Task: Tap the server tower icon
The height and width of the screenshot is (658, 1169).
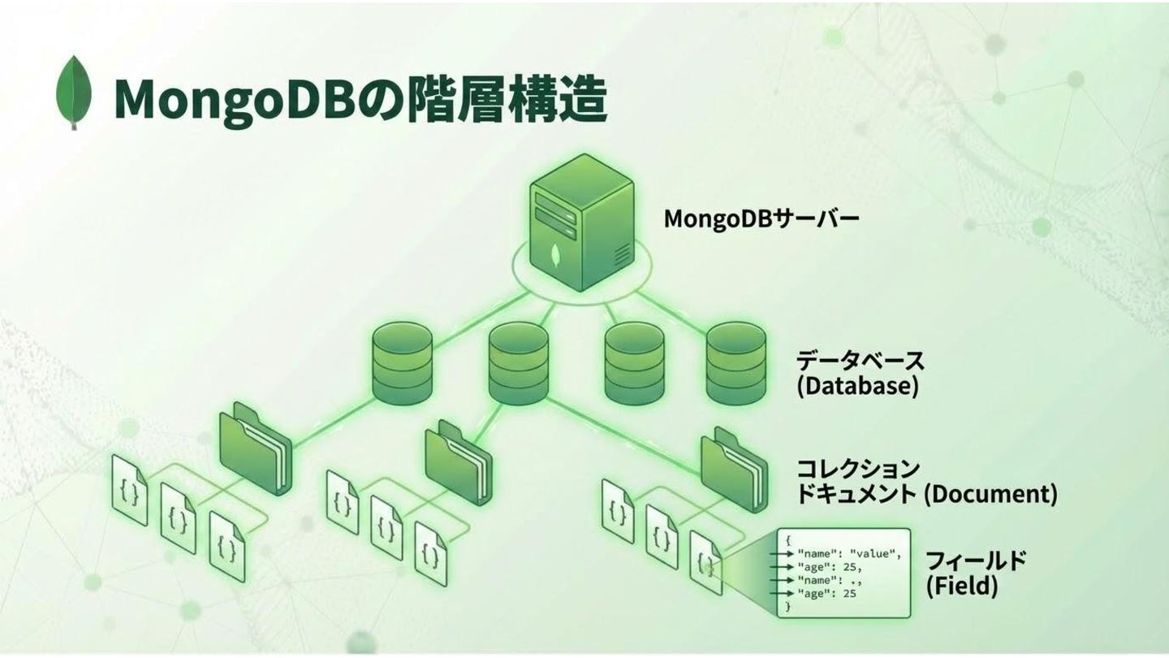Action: point(581,223)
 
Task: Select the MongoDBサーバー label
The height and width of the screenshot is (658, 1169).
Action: point(761,219)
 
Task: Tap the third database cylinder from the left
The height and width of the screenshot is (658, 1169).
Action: point(634,362)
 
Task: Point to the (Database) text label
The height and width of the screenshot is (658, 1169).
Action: point(856,386)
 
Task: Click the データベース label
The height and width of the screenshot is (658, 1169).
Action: point(860,360)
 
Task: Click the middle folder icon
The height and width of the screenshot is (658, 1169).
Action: point(459,460)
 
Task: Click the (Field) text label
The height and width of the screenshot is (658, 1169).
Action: point(962,586)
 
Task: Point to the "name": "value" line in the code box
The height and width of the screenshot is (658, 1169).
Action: point(849,554)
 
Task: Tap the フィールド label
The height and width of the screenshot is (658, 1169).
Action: point(976,561)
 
